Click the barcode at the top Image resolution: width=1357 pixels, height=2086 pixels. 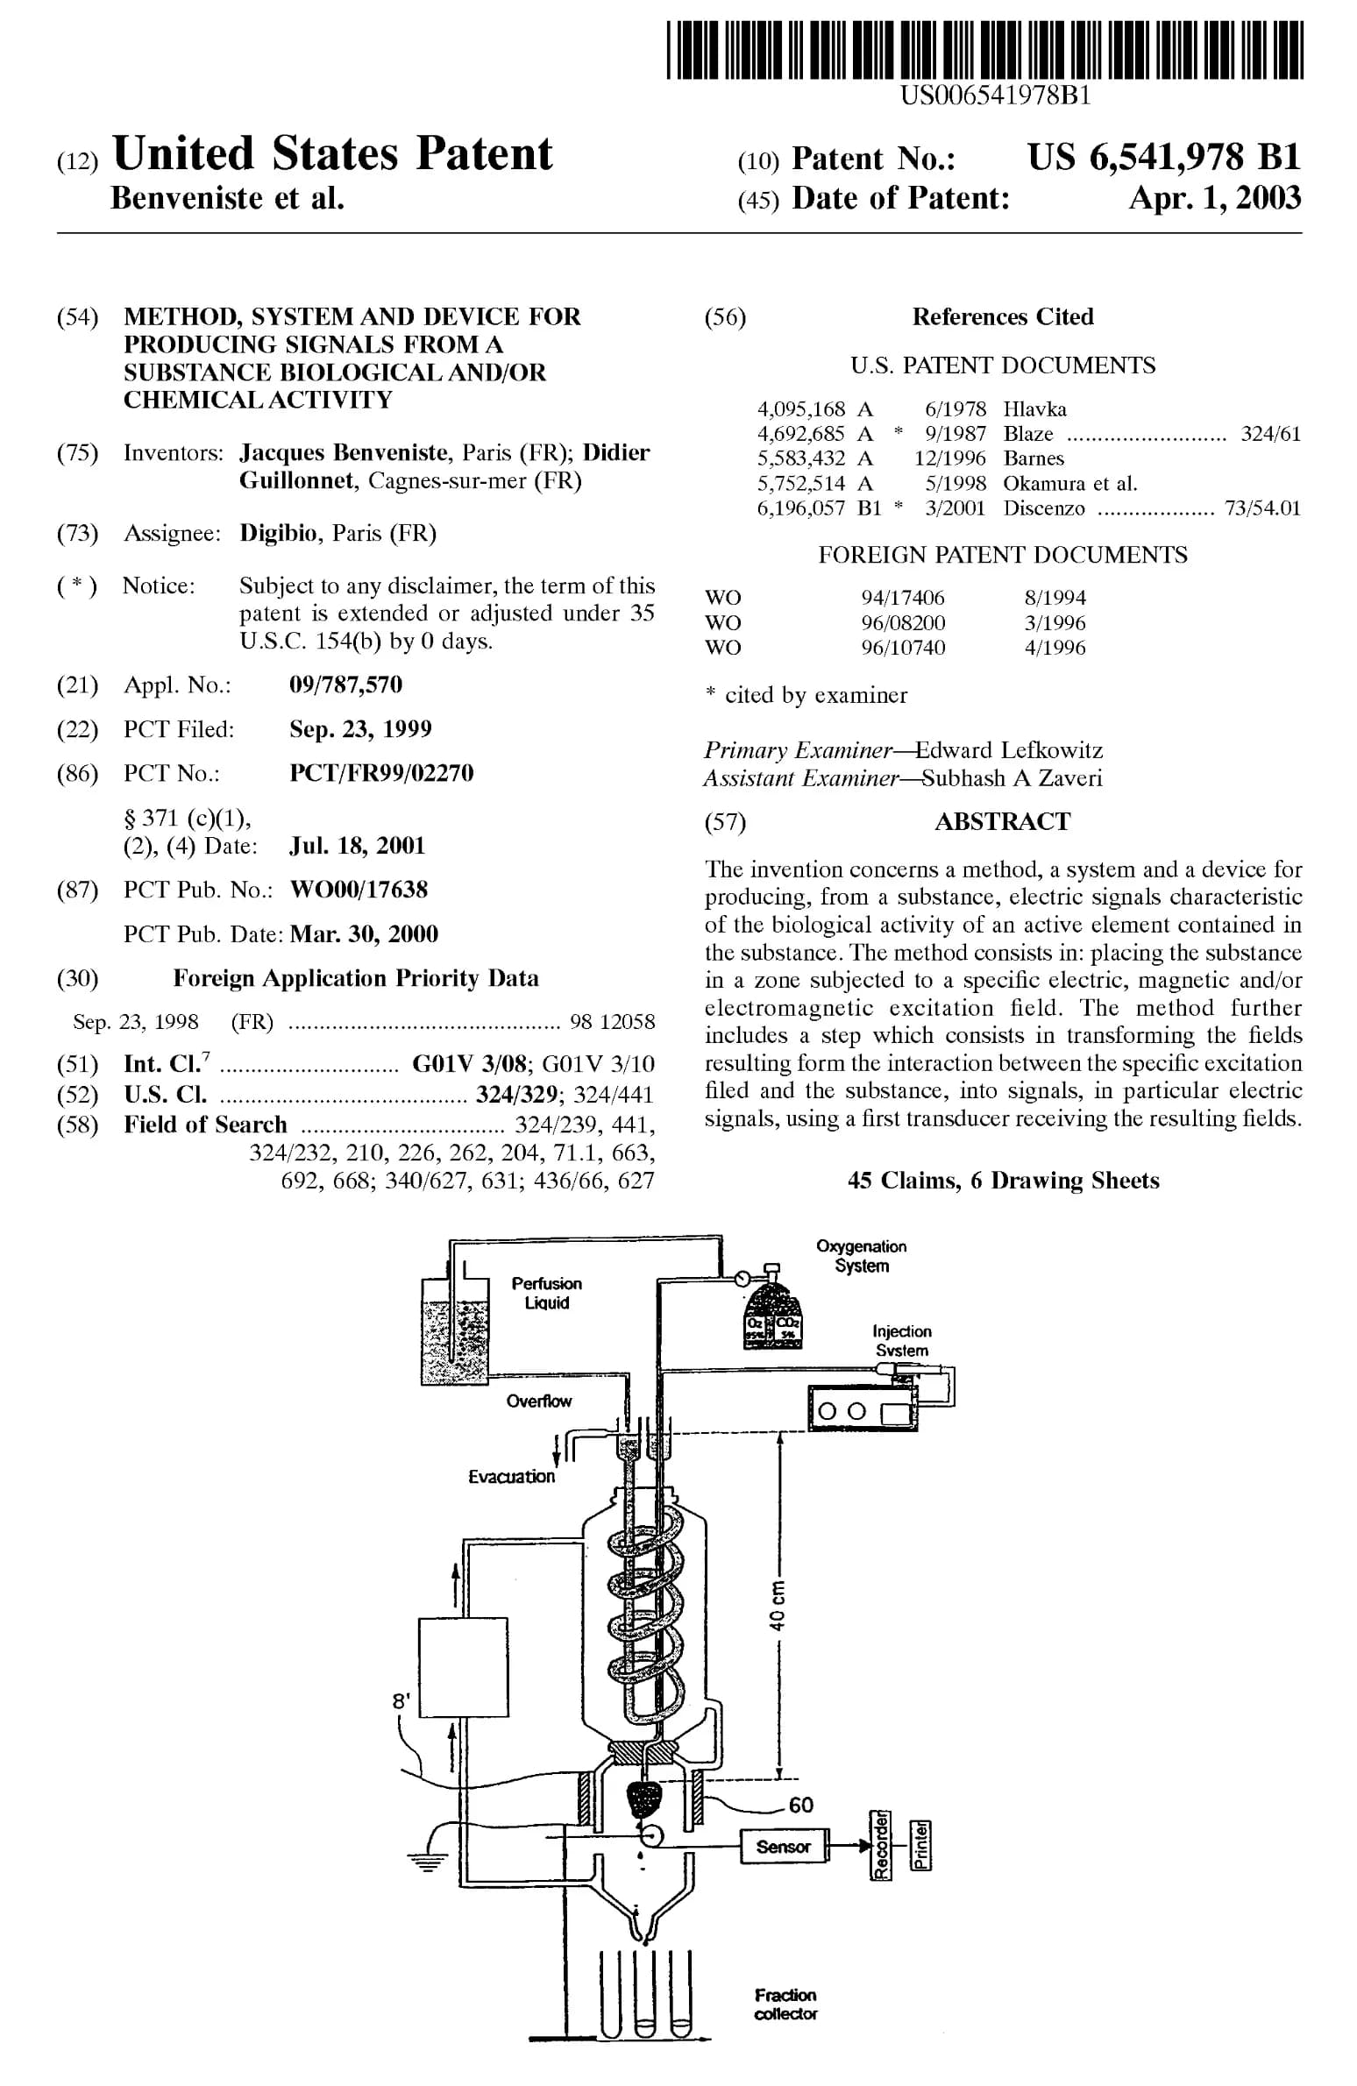(984, 51)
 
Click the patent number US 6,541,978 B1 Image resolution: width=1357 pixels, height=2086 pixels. (1164, 158)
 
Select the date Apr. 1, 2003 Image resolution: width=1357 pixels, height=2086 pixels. (1215, 198)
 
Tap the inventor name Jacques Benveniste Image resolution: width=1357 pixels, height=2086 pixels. (344, 452)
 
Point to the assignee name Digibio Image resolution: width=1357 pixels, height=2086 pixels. (279, 533)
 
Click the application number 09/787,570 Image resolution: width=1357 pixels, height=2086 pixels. (345, 685)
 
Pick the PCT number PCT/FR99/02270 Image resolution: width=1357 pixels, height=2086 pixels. (381, 773)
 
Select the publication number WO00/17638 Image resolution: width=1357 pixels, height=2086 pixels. (359, 890)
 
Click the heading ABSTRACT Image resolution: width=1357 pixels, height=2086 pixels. (1002, 821)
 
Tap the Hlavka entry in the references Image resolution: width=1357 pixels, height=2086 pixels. (1035, 409)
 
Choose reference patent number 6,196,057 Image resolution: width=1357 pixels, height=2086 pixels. (800, 508)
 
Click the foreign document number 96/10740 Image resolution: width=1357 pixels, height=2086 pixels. (903, 648)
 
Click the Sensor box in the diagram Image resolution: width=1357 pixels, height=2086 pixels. (784, 1847)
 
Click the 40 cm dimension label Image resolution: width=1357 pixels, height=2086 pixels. (777, 1606)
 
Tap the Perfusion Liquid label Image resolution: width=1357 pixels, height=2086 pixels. (547, 1293)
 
